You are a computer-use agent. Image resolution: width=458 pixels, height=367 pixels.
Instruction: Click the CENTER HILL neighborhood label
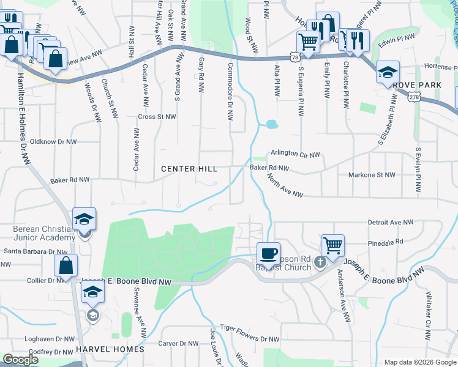[x=189, y=169]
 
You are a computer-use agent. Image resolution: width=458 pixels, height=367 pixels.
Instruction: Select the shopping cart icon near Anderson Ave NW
[x=332, y=245]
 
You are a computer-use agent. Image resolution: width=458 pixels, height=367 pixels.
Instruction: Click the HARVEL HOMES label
[x=110, y=349]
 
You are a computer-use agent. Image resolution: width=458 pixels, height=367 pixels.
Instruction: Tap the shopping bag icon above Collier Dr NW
[x=66, y=265]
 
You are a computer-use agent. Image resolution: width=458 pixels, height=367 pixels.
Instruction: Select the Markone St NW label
[x=372, y=175]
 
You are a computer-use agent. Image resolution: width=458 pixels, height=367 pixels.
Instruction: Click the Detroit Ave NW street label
[x=391, y=223]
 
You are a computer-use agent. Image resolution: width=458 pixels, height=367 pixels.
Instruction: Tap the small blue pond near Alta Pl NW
[x=271, y=125]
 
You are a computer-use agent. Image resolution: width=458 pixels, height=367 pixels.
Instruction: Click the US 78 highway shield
[x=296, y=57]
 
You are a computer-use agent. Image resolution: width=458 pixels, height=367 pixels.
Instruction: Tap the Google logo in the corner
[x=21, y=360]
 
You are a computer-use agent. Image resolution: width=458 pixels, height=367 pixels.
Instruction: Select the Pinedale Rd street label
[x=386, y=242]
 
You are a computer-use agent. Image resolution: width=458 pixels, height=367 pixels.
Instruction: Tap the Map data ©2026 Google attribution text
[x=419, y=362]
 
